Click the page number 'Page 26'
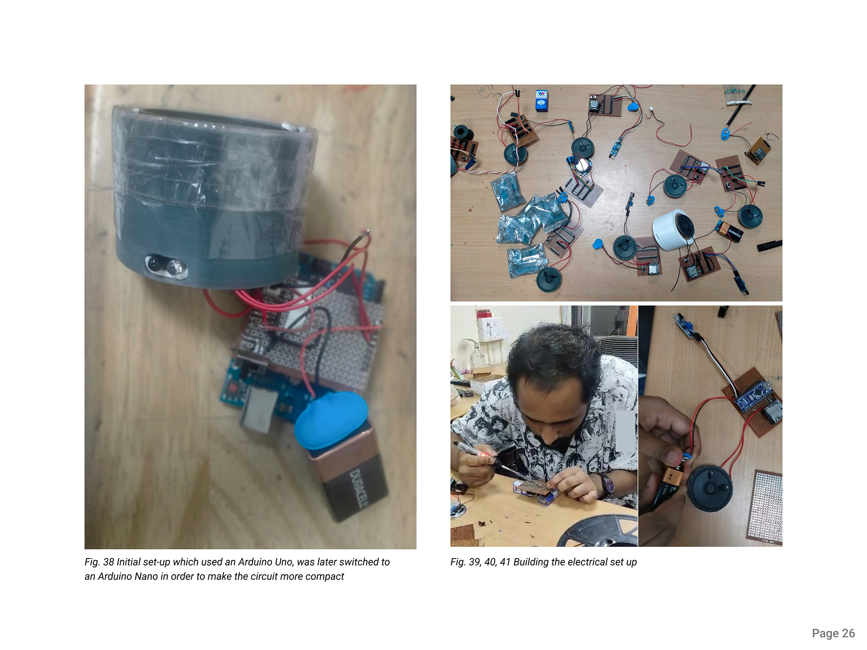833,634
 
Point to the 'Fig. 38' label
99,562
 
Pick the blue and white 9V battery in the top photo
541,101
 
